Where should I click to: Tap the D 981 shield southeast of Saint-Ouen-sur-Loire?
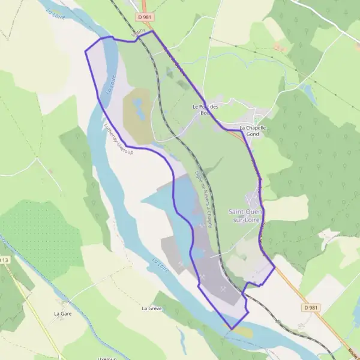click(x=309, y=307)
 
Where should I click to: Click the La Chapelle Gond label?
click(x=252, y=131)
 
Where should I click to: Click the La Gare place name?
click(x=63, y=313)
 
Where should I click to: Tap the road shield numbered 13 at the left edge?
click(x=5, y=260)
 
